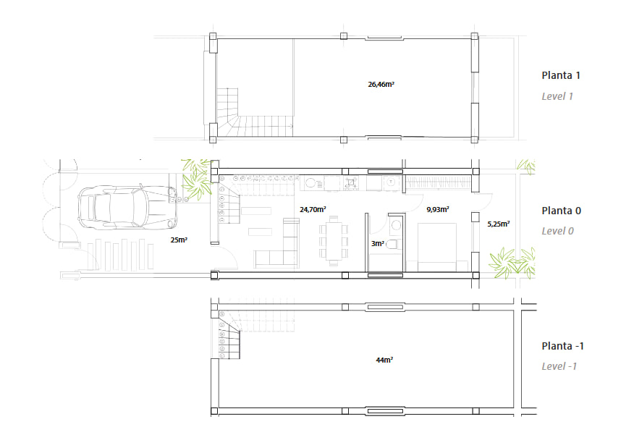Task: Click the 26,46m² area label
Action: point(381,85)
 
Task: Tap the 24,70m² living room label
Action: point(313,209)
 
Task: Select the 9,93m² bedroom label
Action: point(437,209)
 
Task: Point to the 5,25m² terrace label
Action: point(498,224)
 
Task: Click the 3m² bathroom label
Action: point(377,243)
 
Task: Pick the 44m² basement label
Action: point(384,360)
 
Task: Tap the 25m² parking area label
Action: point(179,240)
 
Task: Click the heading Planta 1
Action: point(561,75)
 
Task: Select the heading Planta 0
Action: point(561,211)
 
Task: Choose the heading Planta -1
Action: point(562,346)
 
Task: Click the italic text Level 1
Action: point(557,96)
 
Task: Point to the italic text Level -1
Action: point(559,366)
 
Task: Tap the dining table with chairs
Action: point(334,241)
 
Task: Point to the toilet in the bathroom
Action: point(394,244)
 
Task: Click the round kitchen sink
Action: point(310,183)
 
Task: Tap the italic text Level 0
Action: point(557,231)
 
